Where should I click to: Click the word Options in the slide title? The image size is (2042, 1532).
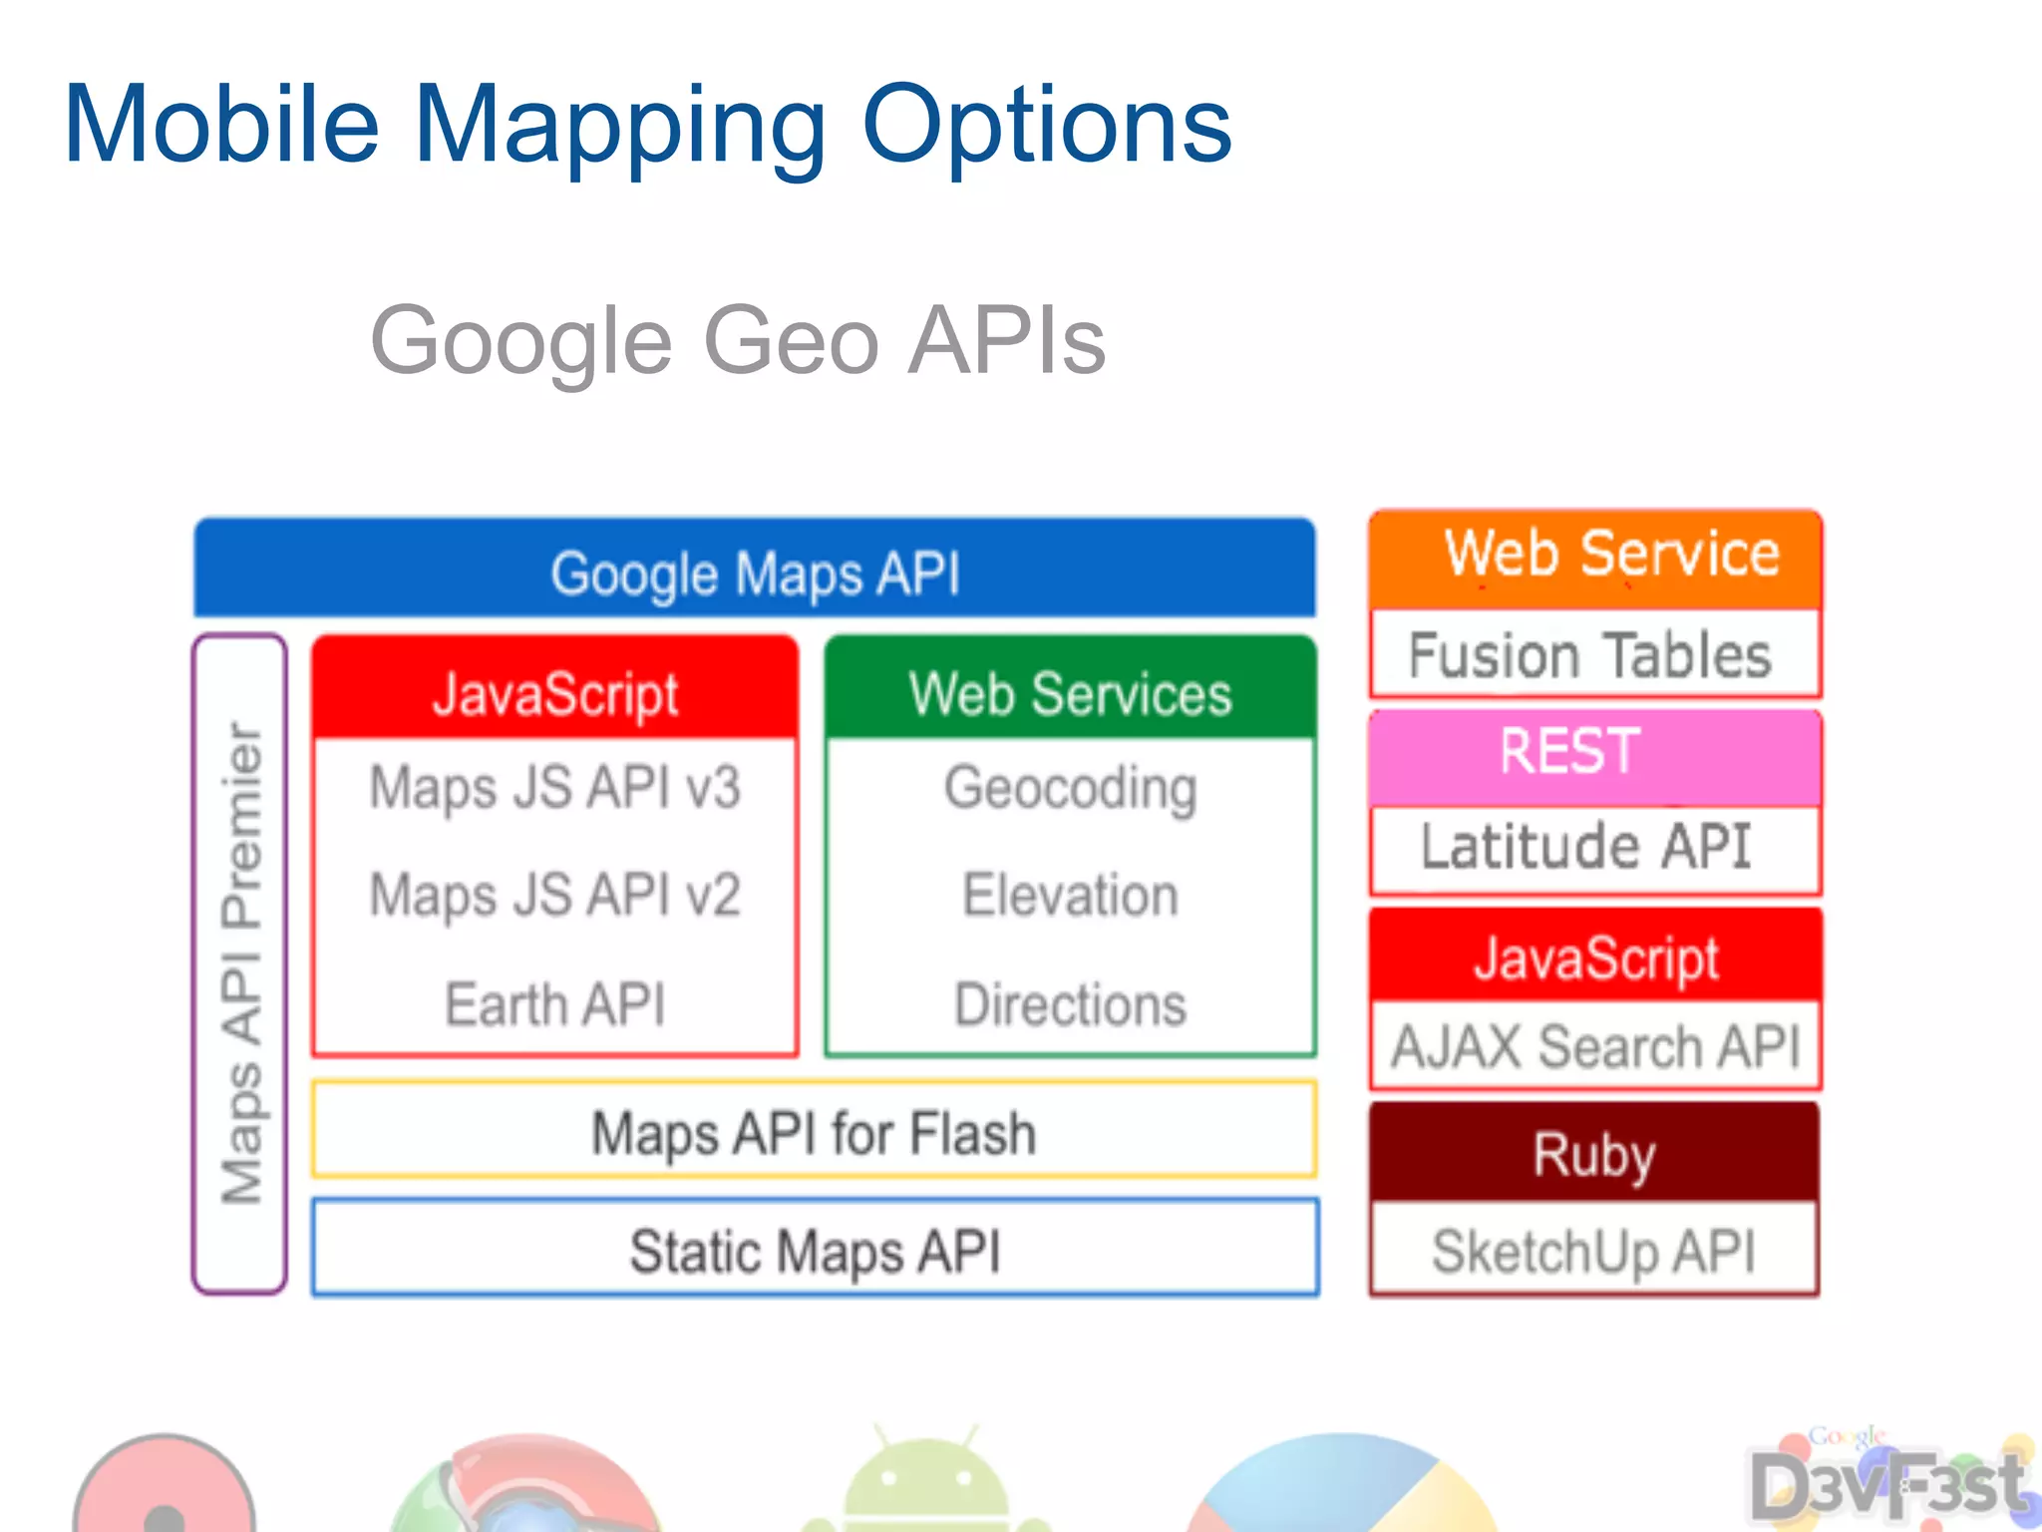(1046, 125)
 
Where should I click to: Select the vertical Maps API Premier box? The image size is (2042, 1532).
(240, 963)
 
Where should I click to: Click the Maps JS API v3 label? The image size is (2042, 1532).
(555, 788)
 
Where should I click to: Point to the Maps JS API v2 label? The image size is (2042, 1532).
(555, 895)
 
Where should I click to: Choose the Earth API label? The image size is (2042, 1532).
(555, 1004)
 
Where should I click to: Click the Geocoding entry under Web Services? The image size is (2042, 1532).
(1071, 788)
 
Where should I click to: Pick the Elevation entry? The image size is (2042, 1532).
(1071, 895)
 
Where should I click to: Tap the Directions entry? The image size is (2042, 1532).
(1071, 1004)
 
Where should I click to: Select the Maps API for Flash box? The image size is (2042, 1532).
(814, 1132)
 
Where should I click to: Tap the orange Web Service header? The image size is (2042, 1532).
(1595, 557)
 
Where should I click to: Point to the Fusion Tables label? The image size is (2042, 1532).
(1590, 655)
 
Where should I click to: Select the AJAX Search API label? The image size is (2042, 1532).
(1595, 1046)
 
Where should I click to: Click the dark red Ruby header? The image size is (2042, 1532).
(1593, 1154)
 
